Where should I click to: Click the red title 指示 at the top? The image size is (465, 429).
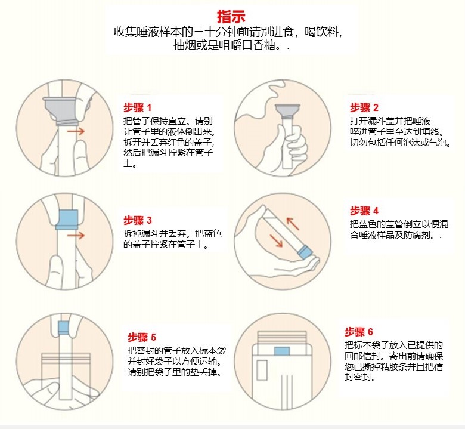[x=231, y=16]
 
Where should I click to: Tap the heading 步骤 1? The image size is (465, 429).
[x=137, y=107]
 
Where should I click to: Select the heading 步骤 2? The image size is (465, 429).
[x=364, y=107]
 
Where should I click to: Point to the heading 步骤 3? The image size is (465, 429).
[x=138, y=220]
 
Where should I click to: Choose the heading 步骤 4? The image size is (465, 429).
[x=364, y=211]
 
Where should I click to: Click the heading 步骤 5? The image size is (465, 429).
[x=142, y=337]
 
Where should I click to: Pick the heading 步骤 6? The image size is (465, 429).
[x=359, y=332]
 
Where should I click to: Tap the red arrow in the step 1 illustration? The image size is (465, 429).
[x=76, y=131]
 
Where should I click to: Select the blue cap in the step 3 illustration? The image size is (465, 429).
[x=67, y=220]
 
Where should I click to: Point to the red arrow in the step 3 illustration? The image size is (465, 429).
[x=76, y=236]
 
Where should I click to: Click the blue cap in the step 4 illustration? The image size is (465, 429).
[x=305, y=252]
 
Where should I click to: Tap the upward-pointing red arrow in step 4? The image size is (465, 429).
[x=292, y=224]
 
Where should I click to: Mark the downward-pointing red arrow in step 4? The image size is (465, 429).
[x=276, y=240]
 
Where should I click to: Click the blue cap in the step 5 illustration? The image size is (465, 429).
[x=63, y=328]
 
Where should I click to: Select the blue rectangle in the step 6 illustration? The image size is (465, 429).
[x=282, y=351]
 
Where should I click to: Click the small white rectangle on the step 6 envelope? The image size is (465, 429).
[x=262, y=370]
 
